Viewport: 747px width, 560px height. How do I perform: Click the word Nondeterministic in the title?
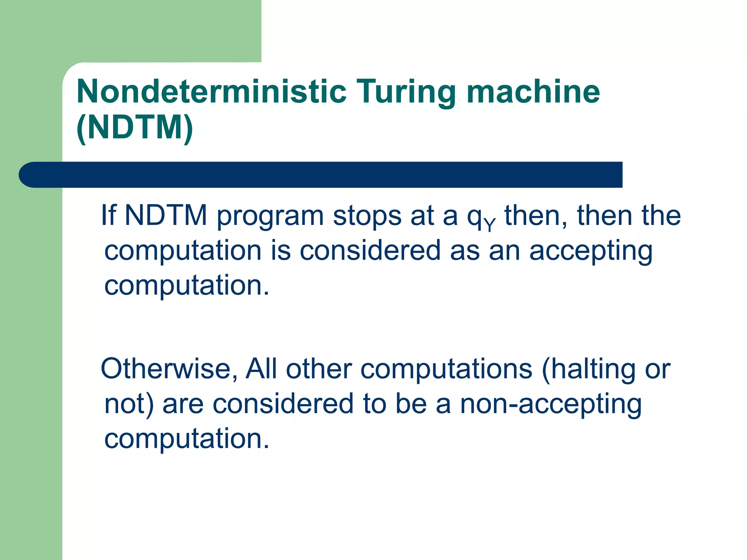pos(212,92)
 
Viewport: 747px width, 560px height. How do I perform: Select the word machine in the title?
pos(533,92)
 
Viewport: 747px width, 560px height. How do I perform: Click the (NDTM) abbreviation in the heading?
pos(135,127)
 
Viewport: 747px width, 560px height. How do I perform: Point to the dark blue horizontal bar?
pos(321,175)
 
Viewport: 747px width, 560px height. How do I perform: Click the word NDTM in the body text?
pos(166,215)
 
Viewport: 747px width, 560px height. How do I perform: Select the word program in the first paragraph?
pos(270,217)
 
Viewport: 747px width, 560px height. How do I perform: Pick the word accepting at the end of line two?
pos(591,251)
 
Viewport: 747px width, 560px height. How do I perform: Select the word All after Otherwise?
pos(261,369)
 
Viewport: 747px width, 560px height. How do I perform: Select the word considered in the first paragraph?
pos(370,250)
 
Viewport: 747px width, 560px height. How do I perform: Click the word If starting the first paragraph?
pos(108,215)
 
